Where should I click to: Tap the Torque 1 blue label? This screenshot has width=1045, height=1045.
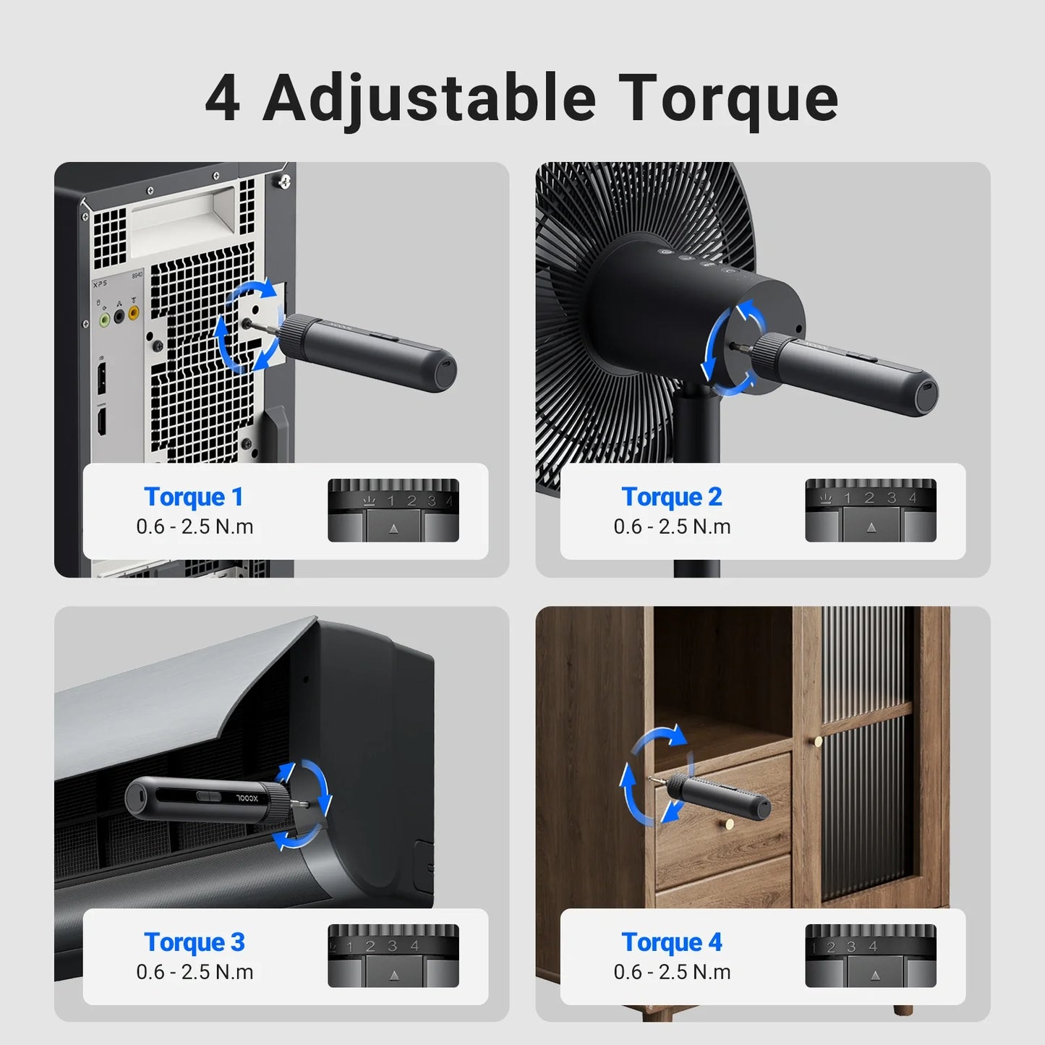point(193,497)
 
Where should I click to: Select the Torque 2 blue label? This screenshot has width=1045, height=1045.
point(671,497)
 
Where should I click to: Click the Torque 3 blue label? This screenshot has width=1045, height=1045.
point(194,942)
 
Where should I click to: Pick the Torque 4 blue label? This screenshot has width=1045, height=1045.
point(671,942)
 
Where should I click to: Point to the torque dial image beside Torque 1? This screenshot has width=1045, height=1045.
point(393,511)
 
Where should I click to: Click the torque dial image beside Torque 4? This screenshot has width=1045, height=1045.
point(871,956)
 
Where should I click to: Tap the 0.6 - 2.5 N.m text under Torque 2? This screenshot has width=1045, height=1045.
point(672,526)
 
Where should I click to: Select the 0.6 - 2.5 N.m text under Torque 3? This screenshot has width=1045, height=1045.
point(195,972)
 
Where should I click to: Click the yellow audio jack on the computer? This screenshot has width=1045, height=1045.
point(134,314)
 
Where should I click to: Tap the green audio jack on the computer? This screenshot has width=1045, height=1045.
point(104,318)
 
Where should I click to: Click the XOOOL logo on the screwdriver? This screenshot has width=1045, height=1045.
point(252,798)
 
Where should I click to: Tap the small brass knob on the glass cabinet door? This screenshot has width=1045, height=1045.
point(818,741)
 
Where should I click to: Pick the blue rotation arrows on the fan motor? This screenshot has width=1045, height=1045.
point(732,348)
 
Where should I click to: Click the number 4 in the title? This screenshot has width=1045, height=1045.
point(222,99)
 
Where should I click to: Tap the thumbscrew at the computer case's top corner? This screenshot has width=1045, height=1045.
point(284,181)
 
